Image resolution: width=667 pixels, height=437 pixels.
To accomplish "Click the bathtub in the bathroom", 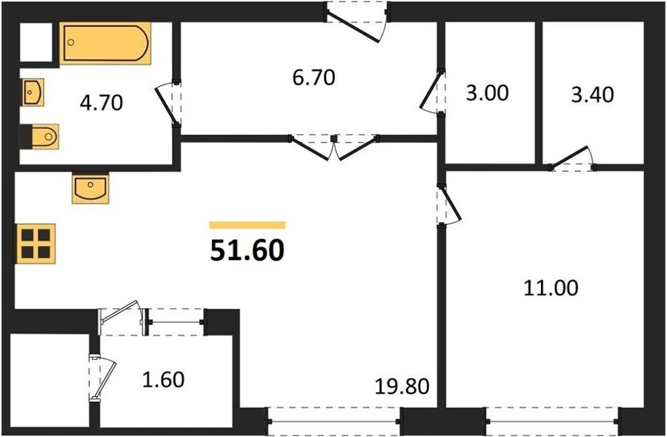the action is coord(105,43).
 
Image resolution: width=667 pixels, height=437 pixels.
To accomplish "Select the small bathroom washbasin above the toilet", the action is coord(33,92).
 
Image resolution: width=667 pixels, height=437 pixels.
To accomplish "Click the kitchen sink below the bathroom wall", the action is coord(90,187).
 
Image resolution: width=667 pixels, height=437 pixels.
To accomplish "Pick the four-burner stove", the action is coord(36,244).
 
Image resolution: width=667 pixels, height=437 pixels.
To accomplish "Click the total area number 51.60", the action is coord(247,250).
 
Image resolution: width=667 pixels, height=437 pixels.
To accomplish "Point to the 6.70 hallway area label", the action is coord(314,77).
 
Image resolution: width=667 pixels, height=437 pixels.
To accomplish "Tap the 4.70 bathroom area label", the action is coord(102,103).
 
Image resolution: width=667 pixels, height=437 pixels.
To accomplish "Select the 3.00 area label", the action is coord(487,93).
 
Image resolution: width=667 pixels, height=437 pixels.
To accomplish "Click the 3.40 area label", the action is coord(592,95).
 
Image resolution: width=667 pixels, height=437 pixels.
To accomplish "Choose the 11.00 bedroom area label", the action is coord(551,288).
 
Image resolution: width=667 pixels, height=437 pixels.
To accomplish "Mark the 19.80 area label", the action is coord(402,387).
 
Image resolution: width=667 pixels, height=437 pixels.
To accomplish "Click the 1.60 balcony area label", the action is coord(163,380).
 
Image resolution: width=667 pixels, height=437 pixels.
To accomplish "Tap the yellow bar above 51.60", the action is coord(247,225).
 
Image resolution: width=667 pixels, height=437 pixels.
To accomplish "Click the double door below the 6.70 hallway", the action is coord(334,147).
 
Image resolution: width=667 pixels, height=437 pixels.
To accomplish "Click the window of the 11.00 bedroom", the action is coord(552,421).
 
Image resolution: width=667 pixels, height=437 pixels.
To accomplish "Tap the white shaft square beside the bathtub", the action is coord(36,41).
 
